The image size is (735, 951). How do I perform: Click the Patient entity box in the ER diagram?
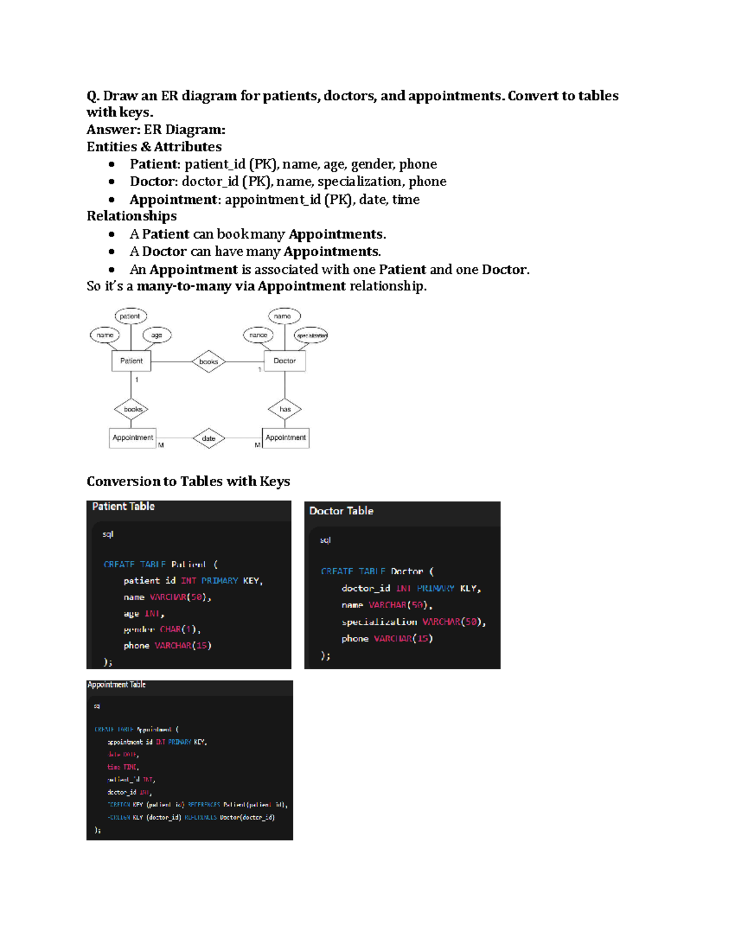[x=131, y=361]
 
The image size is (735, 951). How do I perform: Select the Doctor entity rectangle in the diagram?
[x=284, y=361]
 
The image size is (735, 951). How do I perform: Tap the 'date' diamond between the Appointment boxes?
[x=208, y=438]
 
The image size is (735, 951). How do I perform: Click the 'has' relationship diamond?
[x=285, y=409]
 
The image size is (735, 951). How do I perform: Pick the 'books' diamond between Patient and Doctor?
[x=208, y=361]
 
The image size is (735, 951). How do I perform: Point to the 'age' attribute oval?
[x=157, y=335]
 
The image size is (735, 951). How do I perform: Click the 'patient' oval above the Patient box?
[x=130, y=316]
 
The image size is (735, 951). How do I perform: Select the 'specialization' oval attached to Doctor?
[x=311, y=336]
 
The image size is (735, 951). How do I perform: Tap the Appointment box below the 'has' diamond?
[x=285, y=438]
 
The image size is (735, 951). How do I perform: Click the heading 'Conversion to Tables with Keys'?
[x=188, y=481]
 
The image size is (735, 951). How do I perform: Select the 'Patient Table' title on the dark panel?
[x=123, y=506]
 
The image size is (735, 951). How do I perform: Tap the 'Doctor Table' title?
[x=341, y=511]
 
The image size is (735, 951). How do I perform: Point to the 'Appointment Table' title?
[x=116, y=685]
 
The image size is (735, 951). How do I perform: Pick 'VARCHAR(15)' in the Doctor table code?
[x=403, y=639]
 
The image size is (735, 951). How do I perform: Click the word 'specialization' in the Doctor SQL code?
[x=379, y=622]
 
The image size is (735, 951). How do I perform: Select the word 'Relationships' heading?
[x=132, y=216]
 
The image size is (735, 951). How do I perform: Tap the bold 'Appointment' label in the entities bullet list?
[x=173, y=200]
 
